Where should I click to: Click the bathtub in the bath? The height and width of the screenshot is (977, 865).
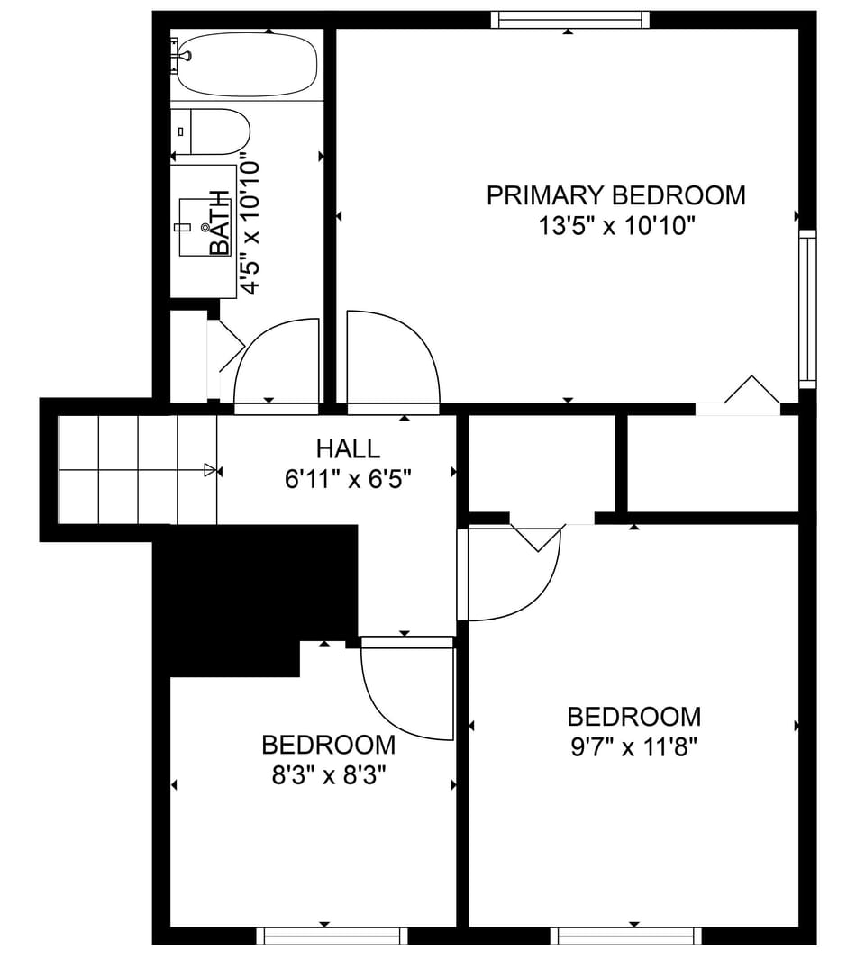[x=247, y=65]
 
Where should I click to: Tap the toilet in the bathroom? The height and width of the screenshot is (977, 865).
[x=213, y=131]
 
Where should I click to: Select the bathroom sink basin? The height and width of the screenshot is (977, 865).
[x=198, y=227]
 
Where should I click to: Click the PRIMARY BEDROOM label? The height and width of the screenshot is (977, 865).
[x=615, y=195]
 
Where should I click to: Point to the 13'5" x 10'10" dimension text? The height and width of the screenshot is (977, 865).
[x=617, y=225]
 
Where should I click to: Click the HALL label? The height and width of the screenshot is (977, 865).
[x=348, y=448]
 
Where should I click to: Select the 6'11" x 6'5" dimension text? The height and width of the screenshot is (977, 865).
[x=348, y=479]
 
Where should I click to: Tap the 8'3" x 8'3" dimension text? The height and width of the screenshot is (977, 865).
[x=329, y=775]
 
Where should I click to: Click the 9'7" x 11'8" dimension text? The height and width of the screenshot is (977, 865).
[x=634, y=747]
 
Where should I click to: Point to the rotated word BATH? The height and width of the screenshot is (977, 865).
[x=219, y=222]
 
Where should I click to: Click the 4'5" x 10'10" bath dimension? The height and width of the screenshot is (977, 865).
[x=250, y=227]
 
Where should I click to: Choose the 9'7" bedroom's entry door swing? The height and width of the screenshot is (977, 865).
[x=514, y=576]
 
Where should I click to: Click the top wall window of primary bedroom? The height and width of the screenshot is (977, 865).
[x=569, y=20]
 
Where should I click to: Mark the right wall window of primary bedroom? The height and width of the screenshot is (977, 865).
[x=807, y=309]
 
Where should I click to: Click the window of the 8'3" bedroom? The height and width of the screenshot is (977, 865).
[x=332, y=936]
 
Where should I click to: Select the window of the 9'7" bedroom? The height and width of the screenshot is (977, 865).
[x=625, y=936]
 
